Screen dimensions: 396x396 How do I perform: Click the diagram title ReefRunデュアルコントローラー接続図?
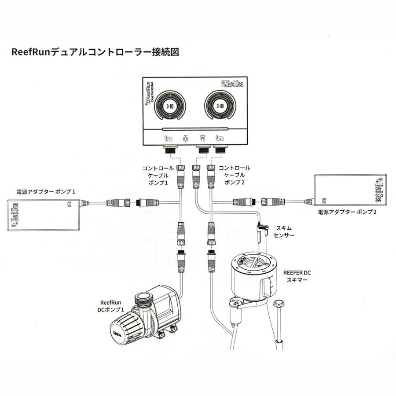(95, 52)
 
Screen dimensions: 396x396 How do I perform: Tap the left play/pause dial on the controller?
(169, 106)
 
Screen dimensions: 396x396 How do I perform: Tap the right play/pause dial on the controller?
(221, 106)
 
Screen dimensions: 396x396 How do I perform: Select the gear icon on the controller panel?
(186, 139)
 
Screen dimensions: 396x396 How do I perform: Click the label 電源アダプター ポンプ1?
(47, 192)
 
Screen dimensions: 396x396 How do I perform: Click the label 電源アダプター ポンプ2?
(348, 212)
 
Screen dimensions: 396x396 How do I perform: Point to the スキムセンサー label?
(283, 232)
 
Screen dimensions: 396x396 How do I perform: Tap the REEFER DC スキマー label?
(298, 276)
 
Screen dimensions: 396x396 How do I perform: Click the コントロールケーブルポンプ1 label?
(158, 175)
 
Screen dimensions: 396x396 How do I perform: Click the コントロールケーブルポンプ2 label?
(234, 175)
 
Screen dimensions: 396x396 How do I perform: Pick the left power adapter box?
(42, 215)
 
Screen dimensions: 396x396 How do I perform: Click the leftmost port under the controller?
(169, 151)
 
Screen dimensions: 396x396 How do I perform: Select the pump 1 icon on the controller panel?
(169, 139)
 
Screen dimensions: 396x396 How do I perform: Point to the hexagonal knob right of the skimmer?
(278, 304)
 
